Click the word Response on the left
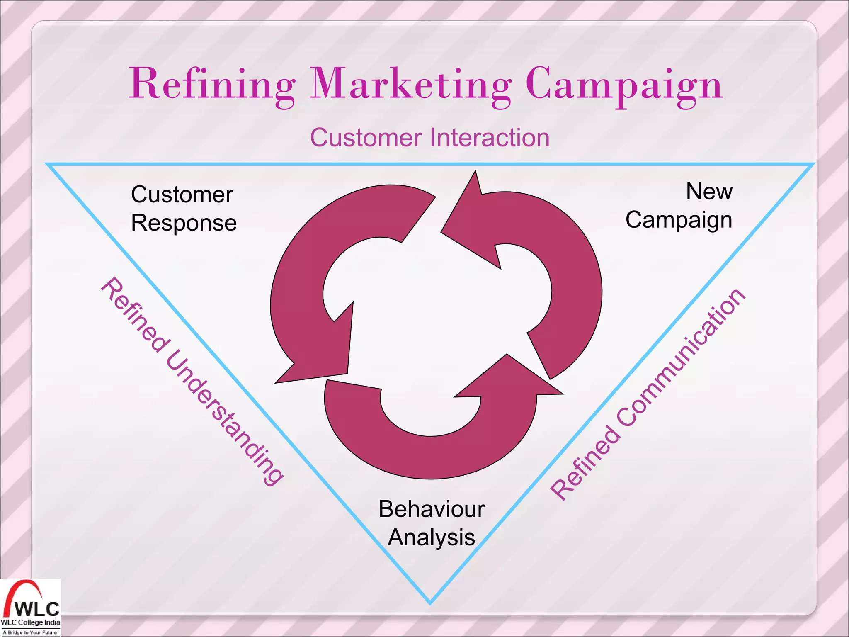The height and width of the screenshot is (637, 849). pos(184,223)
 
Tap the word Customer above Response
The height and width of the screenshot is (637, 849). pos(182,195)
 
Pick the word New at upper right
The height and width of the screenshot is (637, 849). pos(709,192)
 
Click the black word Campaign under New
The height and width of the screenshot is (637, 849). pos(679,220)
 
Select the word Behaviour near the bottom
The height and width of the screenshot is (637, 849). pos(432,509)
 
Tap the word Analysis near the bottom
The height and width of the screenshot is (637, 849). pos(431,537)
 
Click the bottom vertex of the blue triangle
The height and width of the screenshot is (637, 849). pos(430,603)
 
